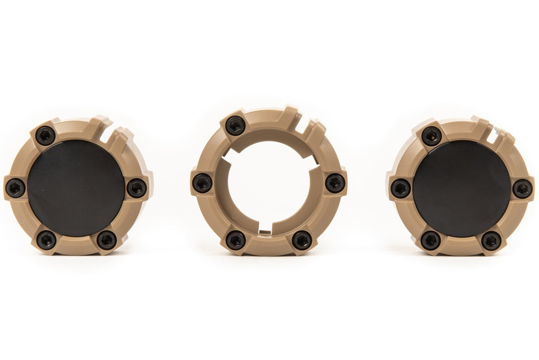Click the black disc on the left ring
76,188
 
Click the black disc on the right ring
461,188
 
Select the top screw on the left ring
45,136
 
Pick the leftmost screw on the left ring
15,187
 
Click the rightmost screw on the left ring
137,187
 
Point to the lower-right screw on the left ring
107,239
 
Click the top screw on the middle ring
235,125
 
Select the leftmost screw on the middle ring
202,183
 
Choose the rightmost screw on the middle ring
335,183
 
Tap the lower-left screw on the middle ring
235,240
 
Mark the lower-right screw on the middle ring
302,240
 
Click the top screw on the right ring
432,136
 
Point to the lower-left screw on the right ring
431,240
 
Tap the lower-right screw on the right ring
492,241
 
